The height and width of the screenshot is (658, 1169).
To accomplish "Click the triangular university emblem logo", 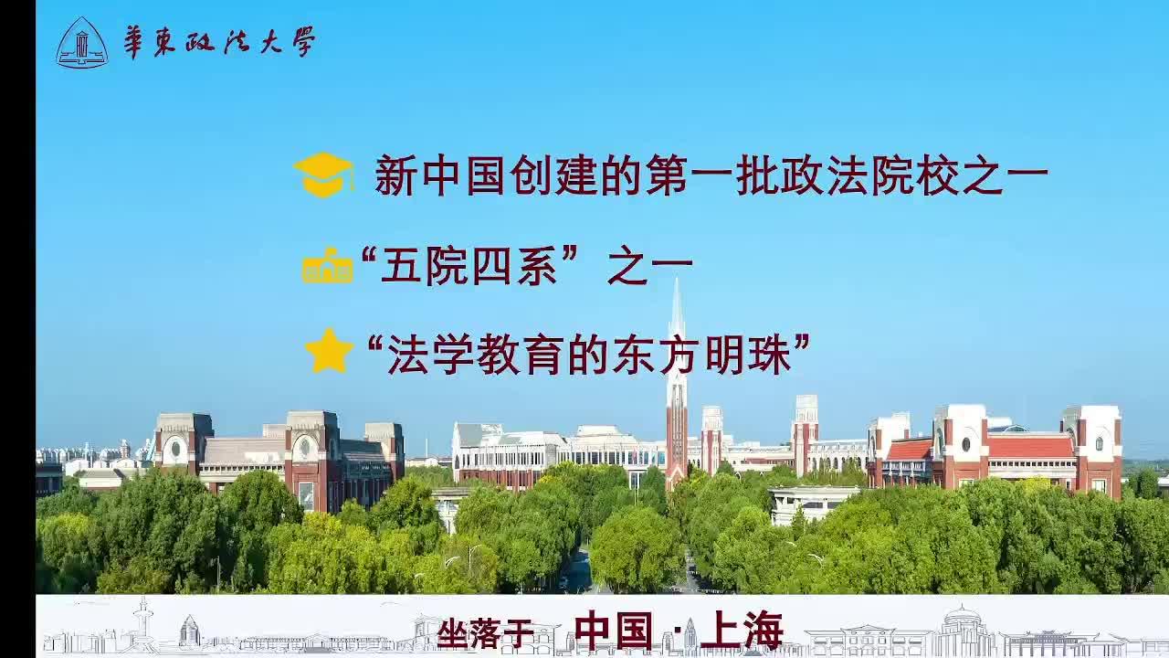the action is pos(82,43).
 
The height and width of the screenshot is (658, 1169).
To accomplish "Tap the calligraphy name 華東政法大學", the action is pos(220,42).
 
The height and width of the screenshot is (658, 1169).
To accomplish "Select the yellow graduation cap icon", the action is pos(323,175).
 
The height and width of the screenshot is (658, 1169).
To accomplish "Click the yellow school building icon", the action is pos(328,265).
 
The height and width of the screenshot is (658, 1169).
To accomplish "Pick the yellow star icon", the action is pos(329,352).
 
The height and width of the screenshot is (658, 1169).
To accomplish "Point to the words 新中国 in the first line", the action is pos(441,175).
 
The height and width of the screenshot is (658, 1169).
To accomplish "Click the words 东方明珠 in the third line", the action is pos(702,355).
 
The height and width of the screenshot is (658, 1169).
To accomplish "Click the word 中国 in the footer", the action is pos(614,631).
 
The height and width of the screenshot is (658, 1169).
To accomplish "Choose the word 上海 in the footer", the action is pos(742,631).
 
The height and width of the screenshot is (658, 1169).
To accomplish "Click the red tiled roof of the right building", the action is pos(1031,447).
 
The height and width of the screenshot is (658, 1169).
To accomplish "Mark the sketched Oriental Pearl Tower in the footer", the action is pos(142,626).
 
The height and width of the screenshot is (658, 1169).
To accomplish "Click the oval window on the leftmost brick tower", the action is pos(176,448).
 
